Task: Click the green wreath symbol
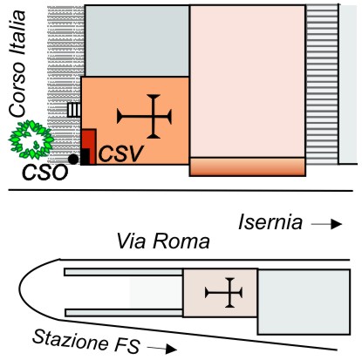[x=31, y=139]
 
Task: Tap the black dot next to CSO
[x=73, y=159]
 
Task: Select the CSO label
[x=45, y=173]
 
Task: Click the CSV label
[x=121, y=153]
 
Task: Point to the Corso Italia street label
[x=17, y=64]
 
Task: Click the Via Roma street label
[x=163, y=241]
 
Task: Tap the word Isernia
[x=270, y=222]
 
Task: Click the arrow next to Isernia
[x=326, y=224]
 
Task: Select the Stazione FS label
[x=86, y=341]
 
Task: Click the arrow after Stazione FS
[x=162, y=349]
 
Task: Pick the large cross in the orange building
[x=144, y=117]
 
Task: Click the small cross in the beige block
[x=223, y=293]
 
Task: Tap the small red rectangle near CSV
[x=89, y=146]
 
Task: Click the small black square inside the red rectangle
[x=85, y=157]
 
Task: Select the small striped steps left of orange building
[x=74, y=110]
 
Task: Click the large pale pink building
[x=248, y=81]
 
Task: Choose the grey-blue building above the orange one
[x=137, y=41]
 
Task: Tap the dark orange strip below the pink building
[x=248, y=166]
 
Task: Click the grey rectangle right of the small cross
[x=304, y=302]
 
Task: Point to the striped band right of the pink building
[x=322, y=85]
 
